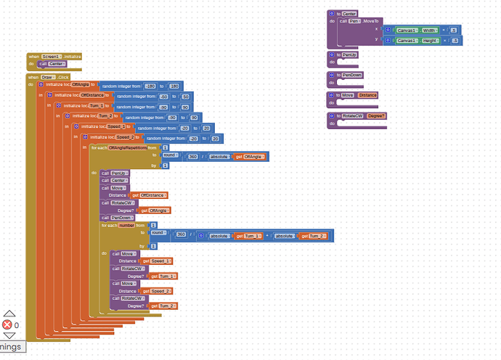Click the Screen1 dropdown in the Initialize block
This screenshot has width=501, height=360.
point(52,56)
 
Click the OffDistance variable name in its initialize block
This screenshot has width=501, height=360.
point(94,95)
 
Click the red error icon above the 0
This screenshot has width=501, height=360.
point(7,325)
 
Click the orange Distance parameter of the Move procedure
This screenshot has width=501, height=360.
point(368,95)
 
